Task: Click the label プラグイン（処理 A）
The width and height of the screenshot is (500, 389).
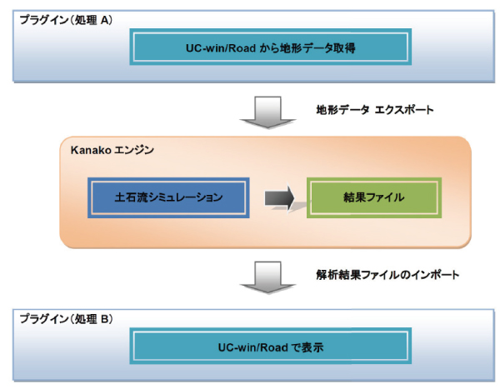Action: (x=67, y=20)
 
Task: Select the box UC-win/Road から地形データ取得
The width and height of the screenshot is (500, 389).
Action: (x=270, y=47)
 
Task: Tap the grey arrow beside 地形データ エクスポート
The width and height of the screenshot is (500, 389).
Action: (x=267, y=112)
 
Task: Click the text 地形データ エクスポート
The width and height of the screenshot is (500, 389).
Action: (x=375, y=110)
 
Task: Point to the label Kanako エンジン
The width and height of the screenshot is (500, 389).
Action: (x=112, y=150)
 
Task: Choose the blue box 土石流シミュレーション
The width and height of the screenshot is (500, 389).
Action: (x=168, y=197)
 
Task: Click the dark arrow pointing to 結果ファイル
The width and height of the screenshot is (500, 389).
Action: (x=279, y=198)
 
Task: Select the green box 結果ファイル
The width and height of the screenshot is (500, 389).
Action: (x=374, y=197)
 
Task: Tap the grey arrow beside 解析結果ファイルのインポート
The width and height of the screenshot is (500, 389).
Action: (x=267, y=277)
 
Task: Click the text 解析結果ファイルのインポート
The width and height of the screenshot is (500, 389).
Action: (x=387, y=275)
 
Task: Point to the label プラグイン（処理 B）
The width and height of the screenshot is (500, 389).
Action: (x=67, y=318)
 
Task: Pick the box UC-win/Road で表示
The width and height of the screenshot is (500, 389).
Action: (x=270, y=346)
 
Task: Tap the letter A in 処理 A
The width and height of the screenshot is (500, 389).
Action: (x=105, y=20)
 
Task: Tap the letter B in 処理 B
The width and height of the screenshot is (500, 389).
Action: (x=105, y=319)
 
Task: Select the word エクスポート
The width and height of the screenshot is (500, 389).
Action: (x=404, y=110)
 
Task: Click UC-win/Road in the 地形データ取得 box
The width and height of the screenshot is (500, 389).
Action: (x=221, y=48)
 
